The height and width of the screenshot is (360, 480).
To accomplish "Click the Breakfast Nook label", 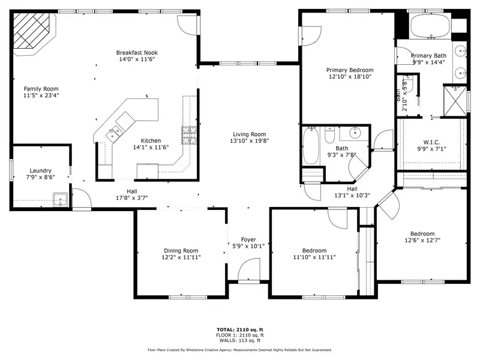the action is pos(137,53).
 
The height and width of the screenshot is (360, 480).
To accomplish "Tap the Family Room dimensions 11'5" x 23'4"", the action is pos(41,95).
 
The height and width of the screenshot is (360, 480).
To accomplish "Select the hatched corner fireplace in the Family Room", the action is pos(34,33).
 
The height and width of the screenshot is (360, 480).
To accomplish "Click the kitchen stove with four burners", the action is pos(189,135).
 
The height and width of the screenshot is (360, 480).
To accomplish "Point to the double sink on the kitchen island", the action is pos(114,133).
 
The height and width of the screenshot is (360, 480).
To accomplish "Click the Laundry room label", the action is pos(40,170).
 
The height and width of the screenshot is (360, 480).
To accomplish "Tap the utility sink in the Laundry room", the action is pos(61,200).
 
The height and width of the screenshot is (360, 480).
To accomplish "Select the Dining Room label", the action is pos(181,251).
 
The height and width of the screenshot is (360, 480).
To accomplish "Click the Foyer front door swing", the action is pos(249,269).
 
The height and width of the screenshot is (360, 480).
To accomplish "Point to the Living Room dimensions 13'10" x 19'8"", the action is pos(250,141).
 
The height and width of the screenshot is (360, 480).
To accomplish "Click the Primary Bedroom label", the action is pos(350,70).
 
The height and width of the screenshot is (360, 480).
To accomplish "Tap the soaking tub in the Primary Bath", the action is pos(430,26).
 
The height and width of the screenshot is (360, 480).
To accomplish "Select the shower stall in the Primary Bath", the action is pos(455,101).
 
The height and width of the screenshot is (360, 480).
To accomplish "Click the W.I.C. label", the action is pos(431,142).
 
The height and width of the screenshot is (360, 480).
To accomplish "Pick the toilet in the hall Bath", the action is pos(329,135).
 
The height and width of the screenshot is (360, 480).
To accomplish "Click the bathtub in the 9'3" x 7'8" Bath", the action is pos(310,146).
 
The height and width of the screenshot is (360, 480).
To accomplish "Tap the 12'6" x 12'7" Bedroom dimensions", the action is pos(422,241).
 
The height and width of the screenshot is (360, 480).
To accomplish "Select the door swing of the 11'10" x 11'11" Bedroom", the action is pos(337,218).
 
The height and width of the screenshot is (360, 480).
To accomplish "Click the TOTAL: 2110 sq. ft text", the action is pos(240,329).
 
